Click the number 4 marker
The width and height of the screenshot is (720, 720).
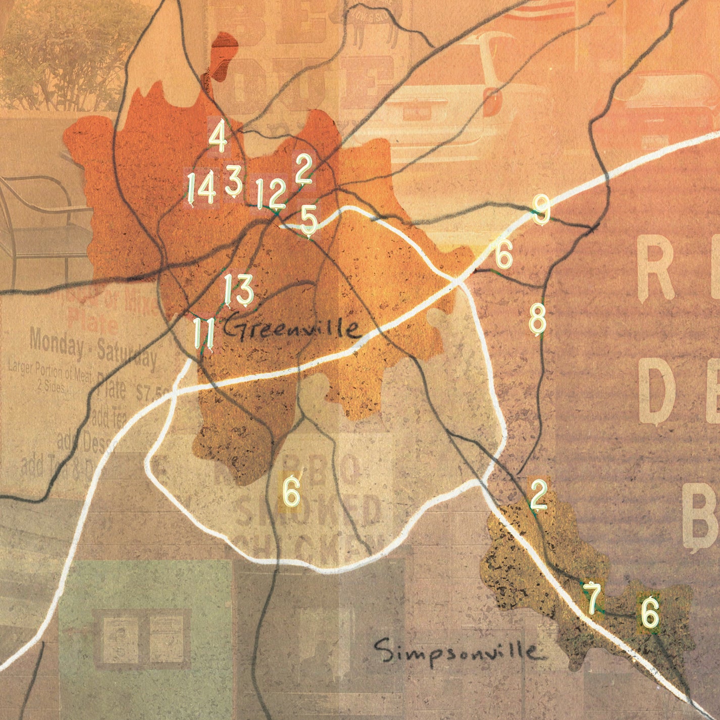[x=218, y=135]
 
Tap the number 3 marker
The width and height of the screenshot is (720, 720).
[x=234, y=180]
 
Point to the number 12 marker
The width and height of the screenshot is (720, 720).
[x=270, y=193]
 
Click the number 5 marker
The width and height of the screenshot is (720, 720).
[x=308, y=220]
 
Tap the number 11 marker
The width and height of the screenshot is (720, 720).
[x=203, y=332]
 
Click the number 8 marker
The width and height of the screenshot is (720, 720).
[x=537, y=319]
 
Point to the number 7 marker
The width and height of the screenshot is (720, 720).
[x=592, y=597]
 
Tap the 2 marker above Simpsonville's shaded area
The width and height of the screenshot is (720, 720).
[x=538, y=494]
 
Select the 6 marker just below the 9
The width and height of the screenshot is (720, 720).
[x=503, y=253]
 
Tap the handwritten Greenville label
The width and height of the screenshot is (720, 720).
[x=291, y=329]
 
